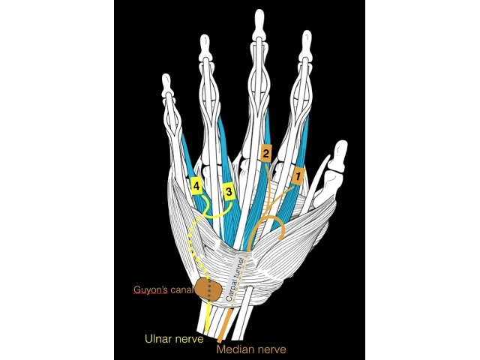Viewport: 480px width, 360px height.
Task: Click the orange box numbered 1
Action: pos(297,177)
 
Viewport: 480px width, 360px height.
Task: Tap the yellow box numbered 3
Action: pos(229,192)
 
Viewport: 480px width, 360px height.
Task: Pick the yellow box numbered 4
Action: pos(196,185)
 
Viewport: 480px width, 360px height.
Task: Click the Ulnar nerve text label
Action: pos(173,338)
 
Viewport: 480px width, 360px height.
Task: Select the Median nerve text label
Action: pos(250,349)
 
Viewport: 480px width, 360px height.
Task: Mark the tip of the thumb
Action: pos(341,146)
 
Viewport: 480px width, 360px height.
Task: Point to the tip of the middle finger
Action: pos(259,15)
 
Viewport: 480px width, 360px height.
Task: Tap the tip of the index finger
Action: pos(306,36)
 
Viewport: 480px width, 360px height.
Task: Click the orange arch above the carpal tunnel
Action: pos(267,220)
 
